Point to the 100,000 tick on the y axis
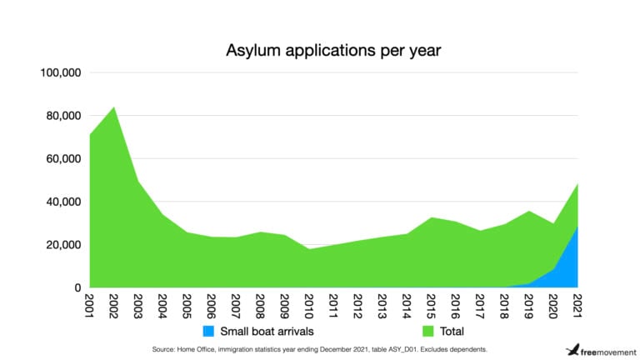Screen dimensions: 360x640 point(59,72)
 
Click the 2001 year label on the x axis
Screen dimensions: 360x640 point(89,305)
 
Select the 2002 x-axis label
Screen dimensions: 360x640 point(113,305)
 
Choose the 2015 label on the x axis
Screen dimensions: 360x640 point(430,305)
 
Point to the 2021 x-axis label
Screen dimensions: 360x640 point(577,305)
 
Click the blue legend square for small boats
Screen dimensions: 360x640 point(208,331)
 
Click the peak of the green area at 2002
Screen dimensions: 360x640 point(113,107)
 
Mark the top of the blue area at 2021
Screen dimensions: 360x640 point(577,226)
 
